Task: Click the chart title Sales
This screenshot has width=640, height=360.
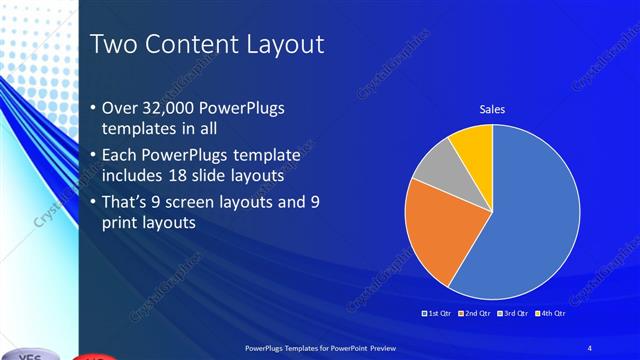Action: [492, 110]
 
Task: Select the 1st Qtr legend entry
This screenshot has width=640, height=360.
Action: [439, 314]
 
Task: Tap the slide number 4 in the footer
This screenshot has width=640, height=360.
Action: [590, 346]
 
